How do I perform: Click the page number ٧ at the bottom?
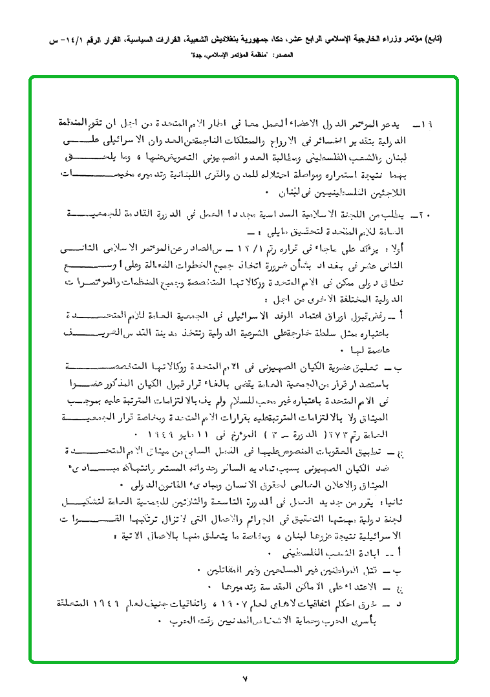pos(246,678)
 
